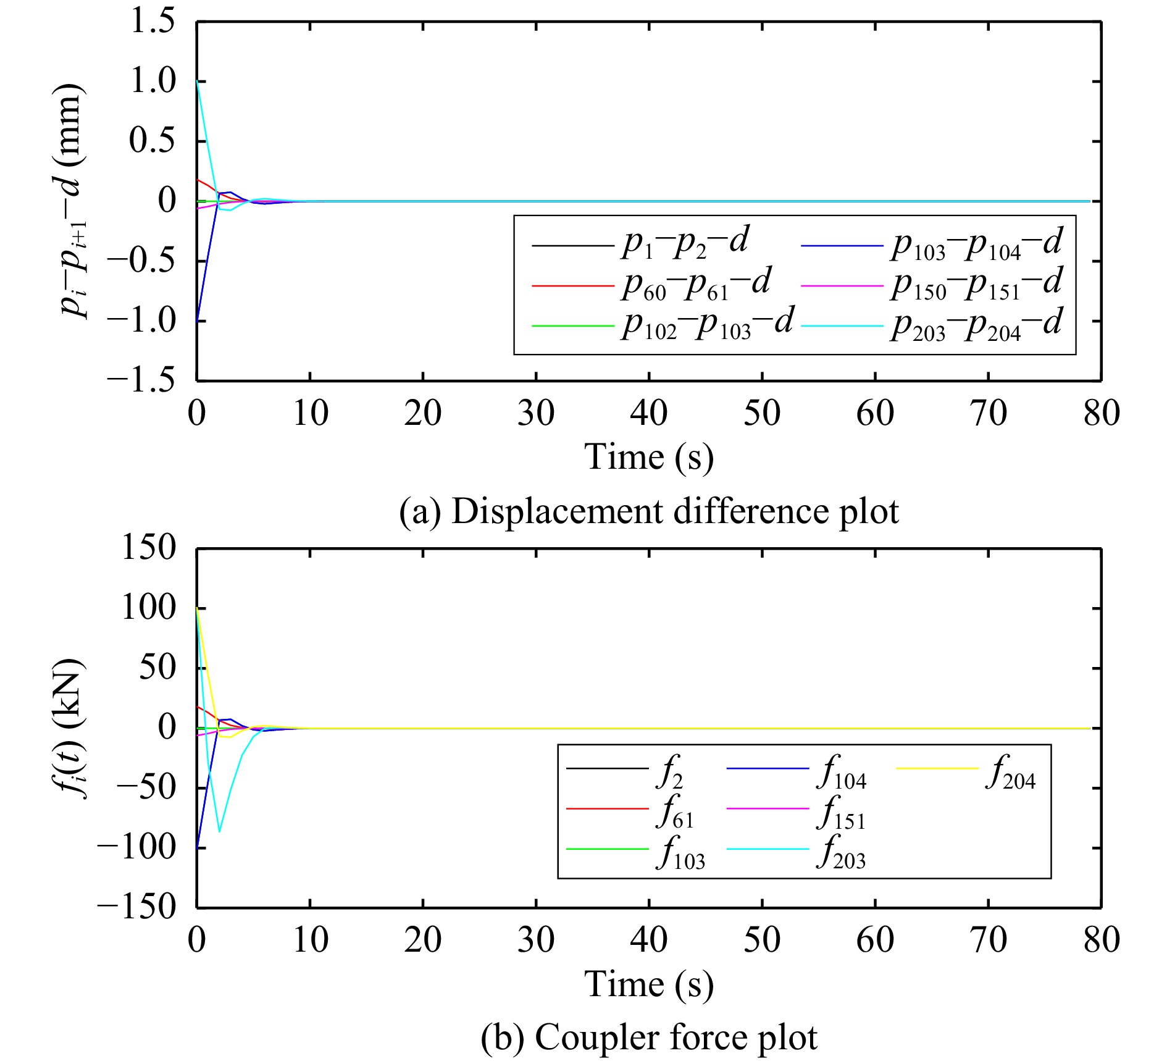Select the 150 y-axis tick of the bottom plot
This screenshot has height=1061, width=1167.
click(149, 548)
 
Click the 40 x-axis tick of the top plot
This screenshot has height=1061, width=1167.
click(649, 413)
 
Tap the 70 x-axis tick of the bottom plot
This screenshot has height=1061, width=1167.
click(989, 939)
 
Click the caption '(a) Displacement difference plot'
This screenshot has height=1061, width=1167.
click(649, 511)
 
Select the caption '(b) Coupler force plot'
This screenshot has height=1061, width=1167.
click(649, 1037)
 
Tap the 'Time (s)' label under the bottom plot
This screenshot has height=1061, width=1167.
click(649, 984)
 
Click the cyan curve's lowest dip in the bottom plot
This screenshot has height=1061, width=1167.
click(220, 831)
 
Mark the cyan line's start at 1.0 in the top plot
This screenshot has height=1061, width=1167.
click(198, 81)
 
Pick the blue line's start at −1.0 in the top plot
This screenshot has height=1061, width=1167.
click(198, 321)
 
